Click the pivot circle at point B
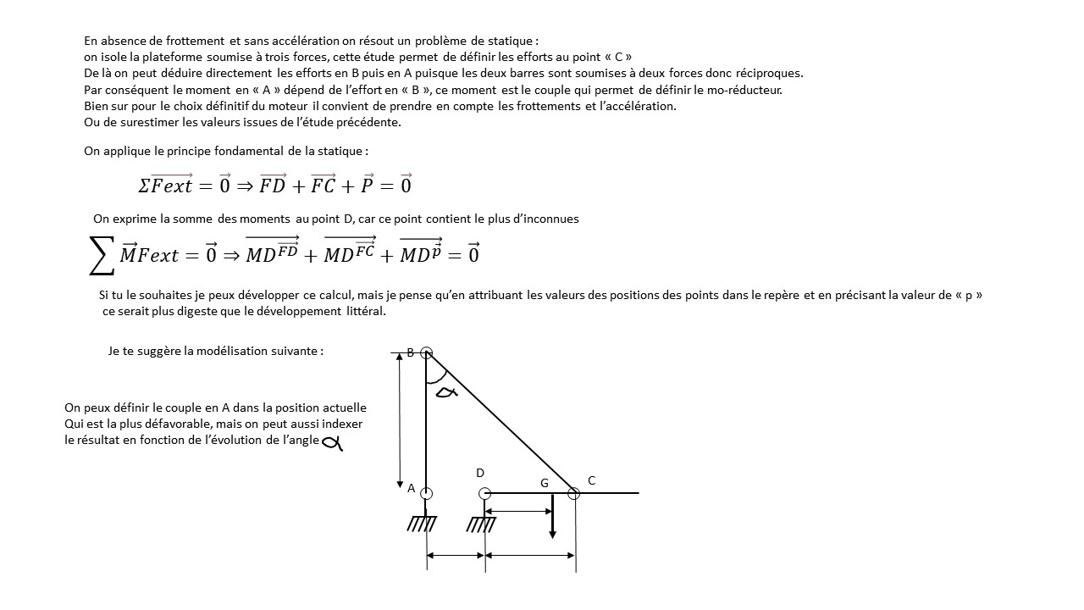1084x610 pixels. [x=427, y=353]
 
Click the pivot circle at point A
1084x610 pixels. [x=427, y=493]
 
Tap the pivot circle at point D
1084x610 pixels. [x=484, y=493]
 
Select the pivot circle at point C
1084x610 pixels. [x=573, y=493]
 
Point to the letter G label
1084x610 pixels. [x=545, y=483]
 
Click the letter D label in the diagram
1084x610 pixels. [x=480, y=473]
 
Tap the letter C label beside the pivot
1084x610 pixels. [x=591, y=480]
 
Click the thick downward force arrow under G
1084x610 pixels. [x=552, y=517]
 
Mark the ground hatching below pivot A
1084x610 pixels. [x=422, y=524]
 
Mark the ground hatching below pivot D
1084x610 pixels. [x=481, y=524]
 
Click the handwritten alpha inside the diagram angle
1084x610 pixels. [x=445, y=391]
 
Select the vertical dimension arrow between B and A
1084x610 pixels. [x=400, y=421]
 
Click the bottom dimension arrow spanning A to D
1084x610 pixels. [x=456, y=556]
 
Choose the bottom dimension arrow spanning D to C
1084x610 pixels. [x=530, y=556]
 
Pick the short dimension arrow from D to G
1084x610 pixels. [x=518, y=511]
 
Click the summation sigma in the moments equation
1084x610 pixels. [x=102, y=255]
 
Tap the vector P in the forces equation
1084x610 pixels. [x=368, y=186]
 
